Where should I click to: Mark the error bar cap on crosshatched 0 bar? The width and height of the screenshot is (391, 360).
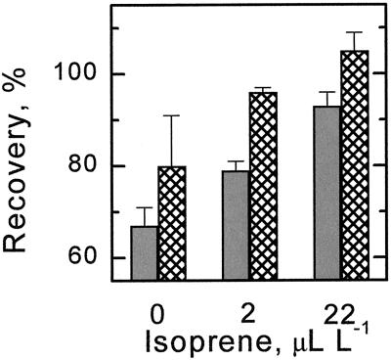point(171,116)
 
